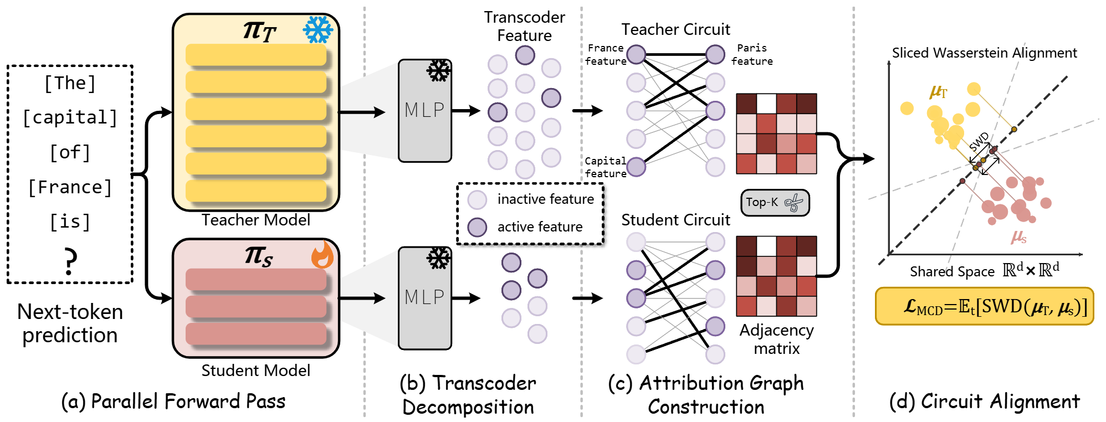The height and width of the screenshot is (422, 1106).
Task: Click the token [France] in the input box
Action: pyautogui.click(x=70, y=187)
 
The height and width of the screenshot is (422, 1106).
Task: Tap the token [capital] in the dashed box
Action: pyautogui.click(x=70, y=117)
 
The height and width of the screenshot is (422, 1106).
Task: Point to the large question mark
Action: pyautogui.click(x=70, y=261)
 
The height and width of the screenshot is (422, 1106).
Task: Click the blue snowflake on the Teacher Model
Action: pyautogui.click(x=318, y=30)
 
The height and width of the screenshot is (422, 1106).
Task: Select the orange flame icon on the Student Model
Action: pyautogui.click(x=322, y=255)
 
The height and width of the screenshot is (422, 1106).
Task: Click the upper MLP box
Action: pyautogui.click(x=425, y=111)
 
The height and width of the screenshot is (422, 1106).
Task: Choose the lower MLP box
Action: pyautogui.click(x=425, y=298)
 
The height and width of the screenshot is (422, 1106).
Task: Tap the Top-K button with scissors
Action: pyautogui.click(x=775, y=202)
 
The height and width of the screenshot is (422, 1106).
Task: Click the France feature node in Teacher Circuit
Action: pyautogui.click(x=636, y=54)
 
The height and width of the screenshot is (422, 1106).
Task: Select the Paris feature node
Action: pyautogui.click(x=715, y=54)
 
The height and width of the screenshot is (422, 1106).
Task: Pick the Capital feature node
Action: pyautogui.click(x=636, y=167)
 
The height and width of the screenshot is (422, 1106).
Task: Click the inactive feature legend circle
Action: pyautogui.click(x=477, y=199)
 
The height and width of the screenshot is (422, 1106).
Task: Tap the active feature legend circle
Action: pyautogui.click(x=477, y=227)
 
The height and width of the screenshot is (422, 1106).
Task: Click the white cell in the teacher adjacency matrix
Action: pyautogui.click(x=766, y=104)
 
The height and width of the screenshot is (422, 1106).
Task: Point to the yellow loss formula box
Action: pyautogui.click(x=985, y=306)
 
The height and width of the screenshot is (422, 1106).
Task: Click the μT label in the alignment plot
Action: pyautogui.click(x=939, y=91)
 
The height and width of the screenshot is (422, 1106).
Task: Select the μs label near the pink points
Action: pyautogui.click(x=1019, y=237)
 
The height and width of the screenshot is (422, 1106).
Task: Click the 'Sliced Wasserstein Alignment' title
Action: pyautogui.click(x=985, y=53)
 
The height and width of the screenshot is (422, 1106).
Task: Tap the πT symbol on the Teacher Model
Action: pyautogui.click(x=260, y=31)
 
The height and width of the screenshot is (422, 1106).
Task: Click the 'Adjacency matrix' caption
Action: pyautogui.click(x=777, y=339)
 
